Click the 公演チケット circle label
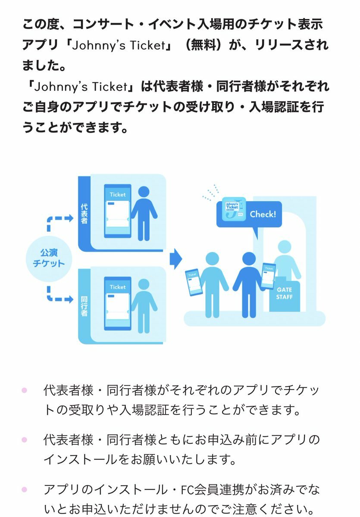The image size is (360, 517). [49, 258]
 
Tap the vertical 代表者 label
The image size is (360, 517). [84, 214]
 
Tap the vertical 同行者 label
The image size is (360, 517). [84, 306]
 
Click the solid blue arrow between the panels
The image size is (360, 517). [176, 259]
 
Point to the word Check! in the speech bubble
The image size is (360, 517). [263, 215]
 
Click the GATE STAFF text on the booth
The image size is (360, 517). [284, 293]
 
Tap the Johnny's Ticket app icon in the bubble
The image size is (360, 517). [234, 209]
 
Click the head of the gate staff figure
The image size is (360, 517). [285, 247]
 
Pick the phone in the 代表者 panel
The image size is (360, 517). [118, 211]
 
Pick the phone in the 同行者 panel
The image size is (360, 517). [118, 303]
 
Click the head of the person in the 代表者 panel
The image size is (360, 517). [144, 192]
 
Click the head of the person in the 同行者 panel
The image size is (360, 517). [144, 285]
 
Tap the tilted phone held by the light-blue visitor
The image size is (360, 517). [194, 282]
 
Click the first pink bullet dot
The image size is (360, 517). [24, 390]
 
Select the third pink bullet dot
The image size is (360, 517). [24, 489]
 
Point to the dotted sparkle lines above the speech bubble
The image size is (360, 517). [210, 192]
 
